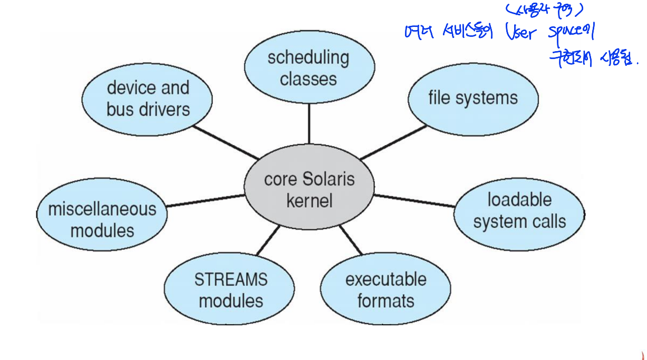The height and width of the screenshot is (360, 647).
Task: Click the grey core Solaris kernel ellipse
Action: pyautogui.click(x=309, y=190)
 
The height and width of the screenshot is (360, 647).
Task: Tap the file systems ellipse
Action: pyautogui.click(x=473, y=99)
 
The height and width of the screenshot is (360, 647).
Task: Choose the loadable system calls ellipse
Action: pyautogui.click(x=519, y=211)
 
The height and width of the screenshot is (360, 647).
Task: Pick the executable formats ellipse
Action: pyautogui.click(x=385, y=290)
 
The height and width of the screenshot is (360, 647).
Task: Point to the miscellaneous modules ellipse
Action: pyautogui.click(x=102, y=219)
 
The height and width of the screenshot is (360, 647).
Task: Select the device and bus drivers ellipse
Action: pyautogui.click(x=148, y=99)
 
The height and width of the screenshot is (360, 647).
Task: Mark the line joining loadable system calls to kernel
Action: pyautogui.click(x=414, y=200)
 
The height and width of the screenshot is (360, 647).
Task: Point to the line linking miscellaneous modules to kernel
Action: pyautogui.click(x=206, y=200)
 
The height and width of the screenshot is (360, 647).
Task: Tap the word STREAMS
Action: pyautogui.click(x=230, y=279)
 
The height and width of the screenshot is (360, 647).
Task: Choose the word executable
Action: pyautogui.click(x=385, y=279)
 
